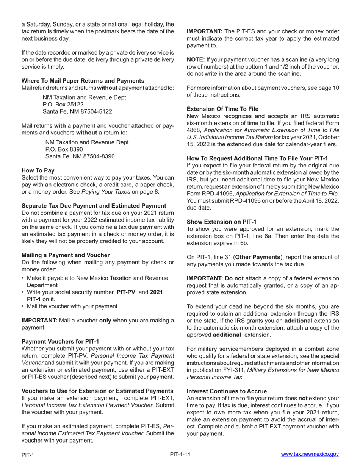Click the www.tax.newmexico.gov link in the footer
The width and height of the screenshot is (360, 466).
tap(310, 454)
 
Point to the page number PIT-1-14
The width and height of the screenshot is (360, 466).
tap(180, 454)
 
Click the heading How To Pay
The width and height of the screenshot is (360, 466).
tap(38, 170)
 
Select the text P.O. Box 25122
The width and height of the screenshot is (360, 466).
tap(63, 105)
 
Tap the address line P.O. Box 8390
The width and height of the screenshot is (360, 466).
tap(64, 149)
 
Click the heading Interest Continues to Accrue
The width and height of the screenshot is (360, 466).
tap(227, 391)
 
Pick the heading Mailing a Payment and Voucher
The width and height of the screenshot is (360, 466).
tap(66, 255)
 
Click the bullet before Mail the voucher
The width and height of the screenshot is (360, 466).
tap(23, 306)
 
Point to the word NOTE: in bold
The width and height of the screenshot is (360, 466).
tap(196, 59)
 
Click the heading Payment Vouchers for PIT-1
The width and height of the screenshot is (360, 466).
tap(60, 341)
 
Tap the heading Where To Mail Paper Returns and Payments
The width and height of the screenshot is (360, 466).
tap(83, 81)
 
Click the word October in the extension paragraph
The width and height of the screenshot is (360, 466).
tap(328, 137)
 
